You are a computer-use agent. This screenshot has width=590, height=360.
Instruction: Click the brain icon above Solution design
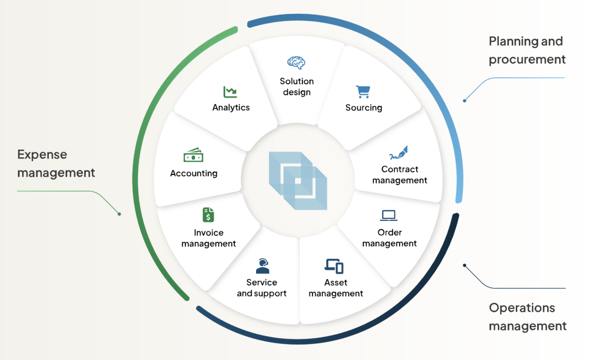296,63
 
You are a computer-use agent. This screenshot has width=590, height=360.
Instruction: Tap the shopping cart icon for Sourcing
363,92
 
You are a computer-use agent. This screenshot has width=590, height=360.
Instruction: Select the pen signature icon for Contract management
399,153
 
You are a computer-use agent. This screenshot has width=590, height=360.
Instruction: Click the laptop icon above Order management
388,215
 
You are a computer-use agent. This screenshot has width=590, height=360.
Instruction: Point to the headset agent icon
262,266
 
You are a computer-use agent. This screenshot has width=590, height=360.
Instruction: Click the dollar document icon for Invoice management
208,215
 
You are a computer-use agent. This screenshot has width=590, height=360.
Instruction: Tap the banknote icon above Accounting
193,156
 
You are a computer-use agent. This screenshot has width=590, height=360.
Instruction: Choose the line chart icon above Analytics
230,92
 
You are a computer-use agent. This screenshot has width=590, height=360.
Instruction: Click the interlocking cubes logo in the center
297,180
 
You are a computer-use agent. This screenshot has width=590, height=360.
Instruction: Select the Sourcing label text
364,108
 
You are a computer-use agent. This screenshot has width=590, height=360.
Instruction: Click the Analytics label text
231,108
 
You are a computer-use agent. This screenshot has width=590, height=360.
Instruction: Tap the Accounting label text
194,174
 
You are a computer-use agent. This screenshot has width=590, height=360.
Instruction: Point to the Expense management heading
56,164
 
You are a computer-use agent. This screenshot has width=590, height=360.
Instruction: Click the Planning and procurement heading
527,50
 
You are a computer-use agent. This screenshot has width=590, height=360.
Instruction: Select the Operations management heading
527,317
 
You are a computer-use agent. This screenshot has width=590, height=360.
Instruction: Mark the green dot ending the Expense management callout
119,214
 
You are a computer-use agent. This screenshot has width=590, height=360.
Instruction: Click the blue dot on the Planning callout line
464,101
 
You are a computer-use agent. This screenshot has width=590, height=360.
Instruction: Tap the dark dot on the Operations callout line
464,265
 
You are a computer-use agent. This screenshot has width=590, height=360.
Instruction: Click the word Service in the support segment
262,283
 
